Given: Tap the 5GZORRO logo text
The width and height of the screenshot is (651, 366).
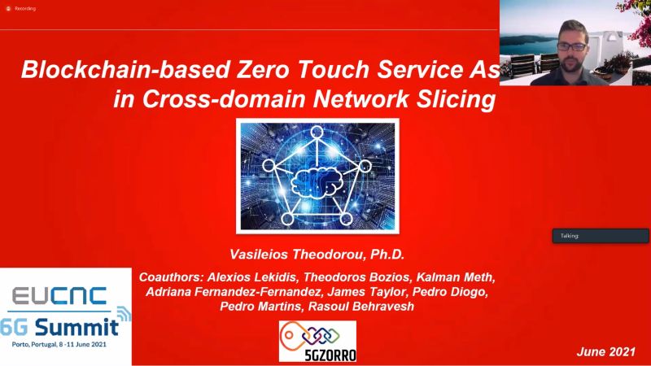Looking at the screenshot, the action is click(330, 355).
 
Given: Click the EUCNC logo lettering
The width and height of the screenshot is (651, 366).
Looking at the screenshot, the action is click(59, 296).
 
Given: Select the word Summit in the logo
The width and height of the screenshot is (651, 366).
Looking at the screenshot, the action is click(76, 327).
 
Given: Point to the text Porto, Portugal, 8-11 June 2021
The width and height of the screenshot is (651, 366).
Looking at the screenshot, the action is click(59, 344).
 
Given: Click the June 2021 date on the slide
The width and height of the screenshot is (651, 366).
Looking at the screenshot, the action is click(605, 352).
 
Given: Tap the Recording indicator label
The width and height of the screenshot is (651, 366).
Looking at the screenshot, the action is click(25, 8).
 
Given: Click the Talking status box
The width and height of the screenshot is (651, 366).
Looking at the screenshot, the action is click(601, 236).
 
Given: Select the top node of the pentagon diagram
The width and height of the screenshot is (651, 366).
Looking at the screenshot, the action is click(317, 133).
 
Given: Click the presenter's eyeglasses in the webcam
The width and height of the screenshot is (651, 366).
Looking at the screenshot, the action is click(572, 46).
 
